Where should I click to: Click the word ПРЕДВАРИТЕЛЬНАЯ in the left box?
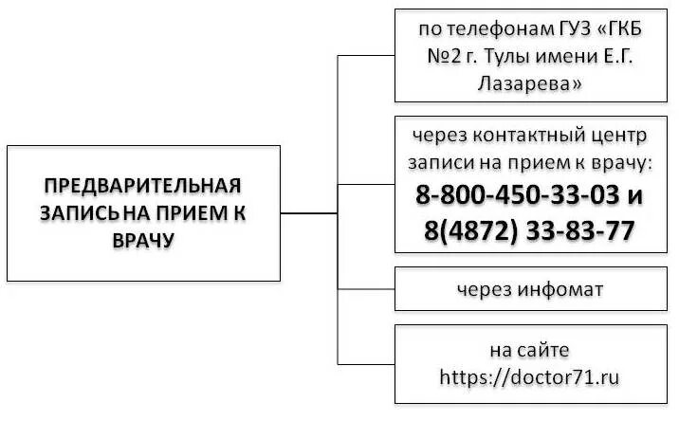pyautogui.click(x=143, y=184)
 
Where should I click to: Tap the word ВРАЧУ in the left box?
pyautogui.click(x=143, y=241)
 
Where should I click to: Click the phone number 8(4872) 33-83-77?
pyautogui.click(x=524, y=231)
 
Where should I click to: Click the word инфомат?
pyautogui.click(x=560, y=289)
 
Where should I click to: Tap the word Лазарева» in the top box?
pyautogui.click(x=528, y=83)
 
